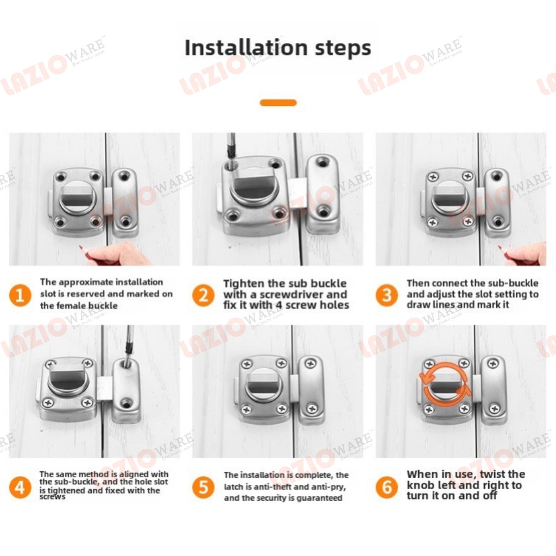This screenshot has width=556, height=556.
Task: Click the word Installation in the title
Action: [x=246, y=47]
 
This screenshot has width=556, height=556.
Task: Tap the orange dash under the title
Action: [x=278, y=103]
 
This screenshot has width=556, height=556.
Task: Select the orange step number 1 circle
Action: [x=20, y=295]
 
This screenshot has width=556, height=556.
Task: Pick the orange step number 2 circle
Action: [x=203, y=295]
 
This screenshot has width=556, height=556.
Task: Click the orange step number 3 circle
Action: [x=387, y=295]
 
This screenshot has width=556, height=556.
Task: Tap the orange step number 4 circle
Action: [x=20, y=487]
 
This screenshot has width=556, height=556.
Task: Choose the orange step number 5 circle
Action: [x=203, y=487]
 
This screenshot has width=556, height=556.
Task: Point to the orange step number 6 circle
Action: [x=387, y=487]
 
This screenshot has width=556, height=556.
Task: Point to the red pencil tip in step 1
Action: [x=81, y=247]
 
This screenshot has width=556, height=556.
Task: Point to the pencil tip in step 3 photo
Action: [x=500, y=247]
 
